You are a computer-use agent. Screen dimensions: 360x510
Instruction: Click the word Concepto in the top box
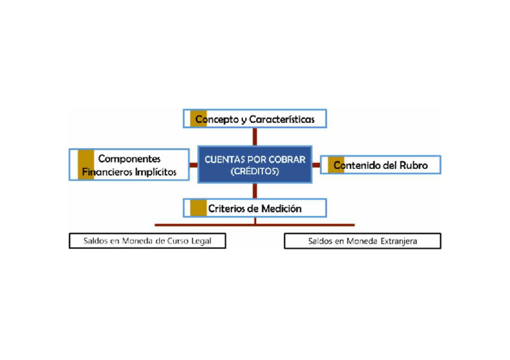[x=215, y=120]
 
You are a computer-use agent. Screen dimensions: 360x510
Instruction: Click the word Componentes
[x=129, y=159]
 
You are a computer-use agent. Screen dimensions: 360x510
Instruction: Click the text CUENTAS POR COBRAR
[x=255, y=160]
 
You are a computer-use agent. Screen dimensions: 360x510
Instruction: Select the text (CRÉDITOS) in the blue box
[x=255, y=171]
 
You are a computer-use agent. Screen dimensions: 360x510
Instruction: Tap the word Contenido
[x=357, y=165]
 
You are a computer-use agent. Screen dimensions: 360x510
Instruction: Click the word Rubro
[x=414, y=165]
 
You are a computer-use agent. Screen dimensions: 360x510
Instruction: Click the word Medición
[x=281, y=209]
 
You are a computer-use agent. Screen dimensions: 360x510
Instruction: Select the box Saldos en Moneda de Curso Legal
[x=148, y=241]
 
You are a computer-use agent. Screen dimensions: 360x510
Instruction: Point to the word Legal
[x=212, y=241]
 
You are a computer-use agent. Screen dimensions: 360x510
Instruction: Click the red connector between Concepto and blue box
[x=255, y=136]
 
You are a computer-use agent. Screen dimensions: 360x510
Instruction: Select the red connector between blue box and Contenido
[x=316, y=164]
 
